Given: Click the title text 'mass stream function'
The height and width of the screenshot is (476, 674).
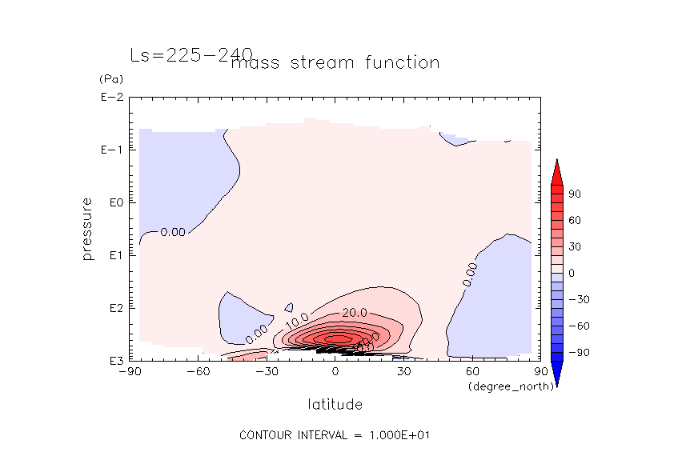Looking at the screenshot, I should pos(335,63).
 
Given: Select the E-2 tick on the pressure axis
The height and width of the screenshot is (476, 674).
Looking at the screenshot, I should pos(111,98).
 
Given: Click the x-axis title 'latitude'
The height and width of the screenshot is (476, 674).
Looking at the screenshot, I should pos(335,404).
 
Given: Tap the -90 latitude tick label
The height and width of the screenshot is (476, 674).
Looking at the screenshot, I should pos(130,371).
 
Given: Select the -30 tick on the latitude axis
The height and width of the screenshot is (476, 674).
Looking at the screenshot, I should pos(267,371).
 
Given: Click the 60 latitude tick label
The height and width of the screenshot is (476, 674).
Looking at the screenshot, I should pos(472,371).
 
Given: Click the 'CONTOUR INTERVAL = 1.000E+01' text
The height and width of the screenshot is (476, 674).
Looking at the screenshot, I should pos(336,435).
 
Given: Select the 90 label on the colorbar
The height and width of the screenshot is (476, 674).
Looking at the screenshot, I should pos(575,194).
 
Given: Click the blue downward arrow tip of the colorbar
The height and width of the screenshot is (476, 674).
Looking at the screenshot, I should pos(556,382).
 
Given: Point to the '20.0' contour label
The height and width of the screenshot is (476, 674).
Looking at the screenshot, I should pos(355,312).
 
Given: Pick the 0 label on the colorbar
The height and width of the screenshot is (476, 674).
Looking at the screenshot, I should pos(572,273).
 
